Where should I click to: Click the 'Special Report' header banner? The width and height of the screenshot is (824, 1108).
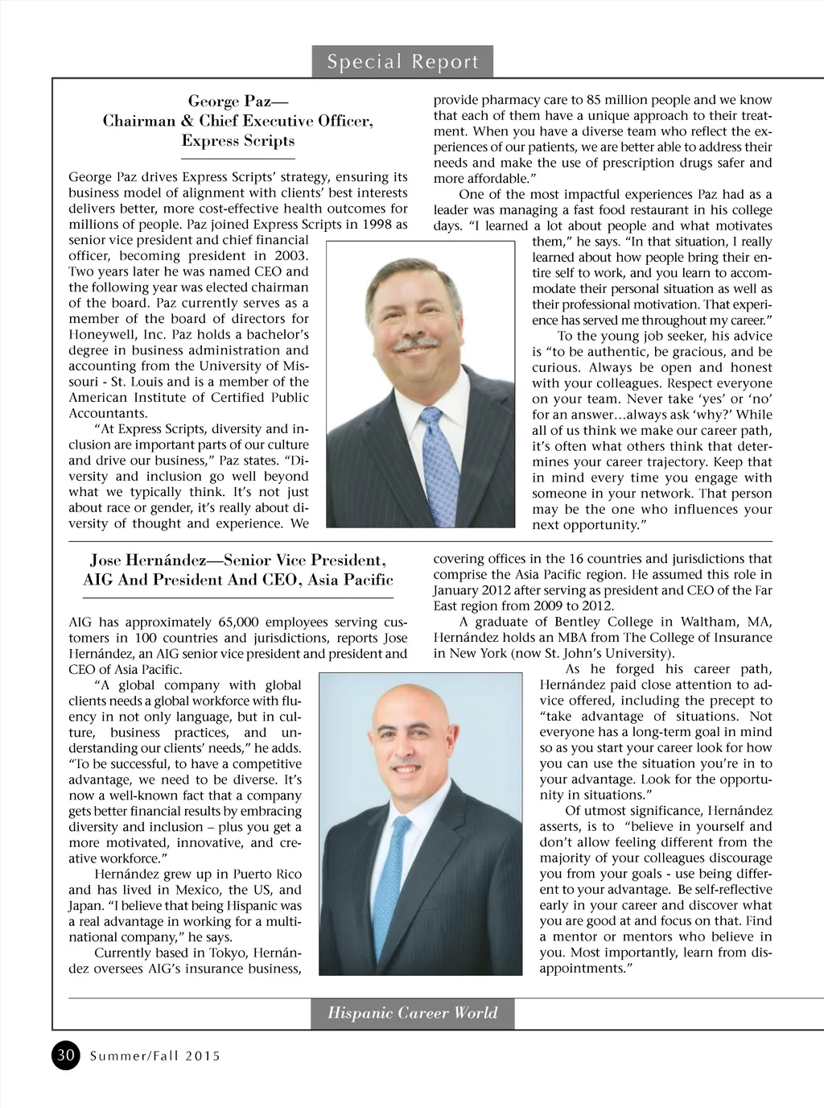tap(402, 62)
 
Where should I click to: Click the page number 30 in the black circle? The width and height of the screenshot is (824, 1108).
tap(67, 1055)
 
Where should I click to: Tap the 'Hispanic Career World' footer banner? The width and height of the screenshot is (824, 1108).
tap(412, 1013)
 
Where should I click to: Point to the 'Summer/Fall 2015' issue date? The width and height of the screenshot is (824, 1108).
tap(154, 1056)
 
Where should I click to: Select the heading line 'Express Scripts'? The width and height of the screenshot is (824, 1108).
tap(238, 141)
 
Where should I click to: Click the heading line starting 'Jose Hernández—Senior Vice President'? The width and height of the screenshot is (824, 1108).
tap(238, 560)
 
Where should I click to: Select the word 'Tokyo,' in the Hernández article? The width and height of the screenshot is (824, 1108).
tap(229, 953)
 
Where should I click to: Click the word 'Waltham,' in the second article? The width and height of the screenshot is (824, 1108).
tap(712, 622)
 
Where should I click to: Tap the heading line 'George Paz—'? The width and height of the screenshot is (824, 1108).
tap(238, 101)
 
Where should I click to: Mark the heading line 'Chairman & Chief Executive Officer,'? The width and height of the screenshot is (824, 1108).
tap(238, 122)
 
